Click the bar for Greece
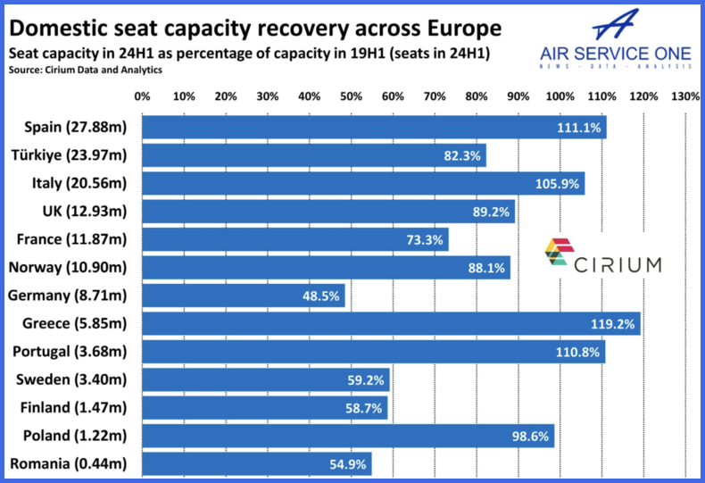click(x=391, y=323)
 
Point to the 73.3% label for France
click(x=421, y=239)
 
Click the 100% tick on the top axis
click(x=560, y=96)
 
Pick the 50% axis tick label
click(x=351, y=96)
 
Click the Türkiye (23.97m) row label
click(x=70, y=155)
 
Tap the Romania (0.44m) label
click(x=68, y=463)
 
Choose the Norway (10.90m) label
click(x=68, y=267)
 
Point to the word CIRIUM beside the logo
click(x=618, y=264)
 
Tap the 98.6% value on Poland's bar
click(x=527, y=436)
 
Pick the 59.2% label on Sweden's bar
click(x=364, y=380)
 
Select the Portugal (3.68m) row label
click(x=68, y=351)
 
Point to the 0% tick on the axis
click(x=142, y=96)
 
